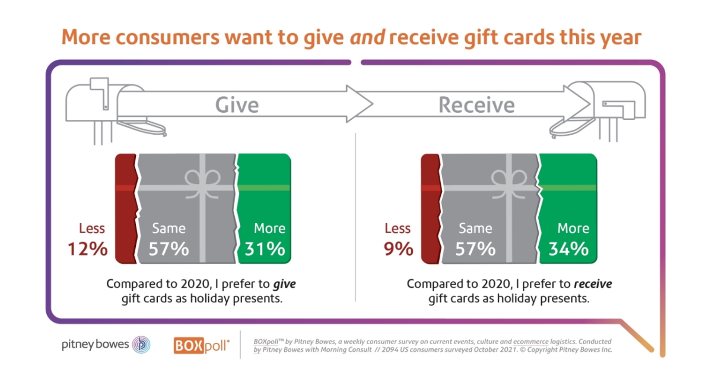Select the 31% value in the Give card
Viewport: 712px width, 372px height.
[x=265, y=248]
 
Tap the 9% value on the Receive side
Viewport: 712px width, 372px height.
[x=398, y=248]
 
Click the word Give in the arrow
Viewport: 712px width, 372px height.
[x=237, y=105]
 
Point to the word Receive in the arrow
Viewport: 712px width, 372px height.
[x=476, y=105]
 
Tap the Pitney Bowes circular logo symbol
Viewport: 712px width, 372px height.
[x=141, y=345]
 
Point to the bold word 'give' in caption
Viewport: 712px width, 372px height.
[x=284, y=284]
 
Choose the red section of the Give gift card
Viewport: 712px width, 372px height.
[x=125, y=208]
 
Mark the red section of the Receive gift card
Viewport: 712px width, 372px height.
[x=430, y=208]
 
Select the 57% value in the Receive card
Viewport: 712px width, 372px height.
[x=475, y=248]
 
